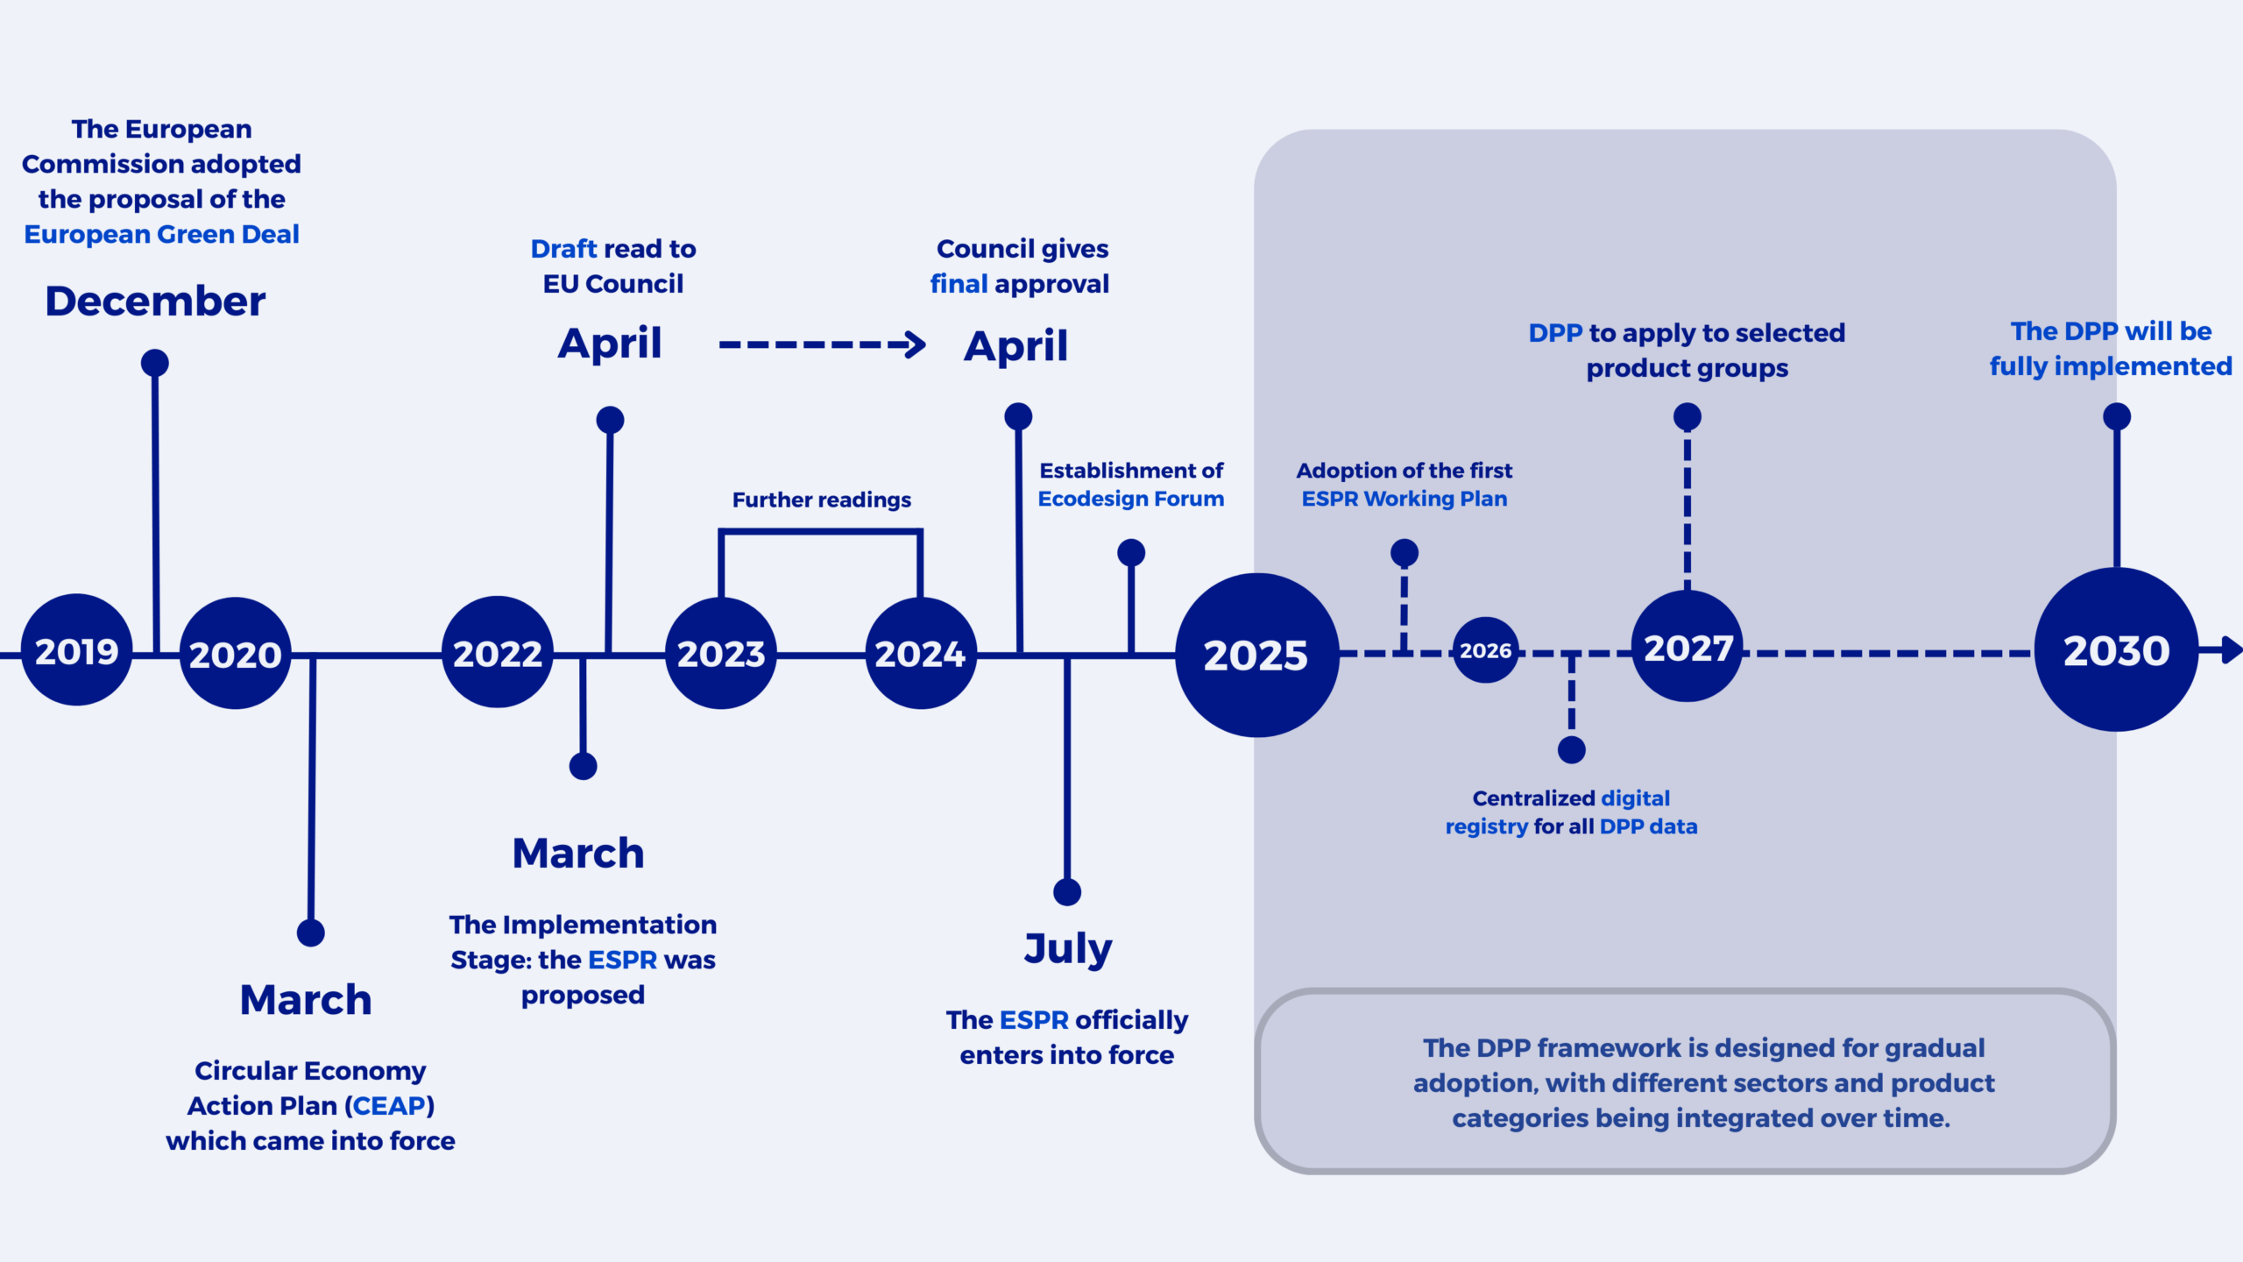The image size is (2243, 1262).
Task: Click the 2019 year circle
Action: click(x=76, y=650)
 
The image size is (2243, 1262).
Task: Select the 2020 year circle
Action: click(x=235, y=654)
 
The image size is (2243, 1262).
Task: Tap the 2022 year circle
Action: click(x=498, y=653)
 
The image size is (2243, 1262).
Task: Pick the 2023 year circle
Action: click(x=721, y=654)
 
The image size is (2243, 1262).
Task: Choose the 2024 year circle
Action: click(x=920, y=654)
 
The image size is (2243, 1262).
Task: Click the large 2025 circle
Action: click(x=1256, y=655)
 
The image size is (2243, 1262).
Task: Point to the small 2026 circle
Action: click(x=1485, y=651)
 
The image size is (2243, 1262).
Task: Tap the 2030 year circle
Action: click(x=2116, y=650)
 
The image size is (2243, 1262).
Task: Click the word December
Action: click(x=155, y=301)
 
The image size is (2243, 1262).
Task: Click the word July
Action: click(x=1068, y=948)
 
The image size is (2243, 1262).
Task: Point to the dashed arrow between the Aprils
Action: click(x=821, y=344)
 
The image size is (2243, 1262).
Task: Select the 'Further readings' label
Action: click(x=821, y=500)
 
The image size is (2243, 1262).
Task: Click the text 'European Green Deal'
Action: click(x=162, y=235)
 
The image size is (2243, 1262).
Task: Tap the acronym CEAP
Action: click(x=389, y=1106)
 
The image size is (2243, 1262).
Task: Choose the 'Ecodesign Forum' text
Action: click(x=1130, y=499)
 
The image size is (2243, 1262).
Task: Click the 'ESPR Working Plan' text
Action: click(x=1404, y=499)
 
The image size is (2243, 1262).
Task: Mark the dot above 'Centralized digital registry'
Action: click(x=1571, y=750)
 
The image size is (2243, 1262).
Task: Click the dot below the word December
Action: click(x=155, y=363)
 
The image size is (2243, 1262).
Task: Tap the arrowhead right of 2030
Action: click(x=2232, y=650)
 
